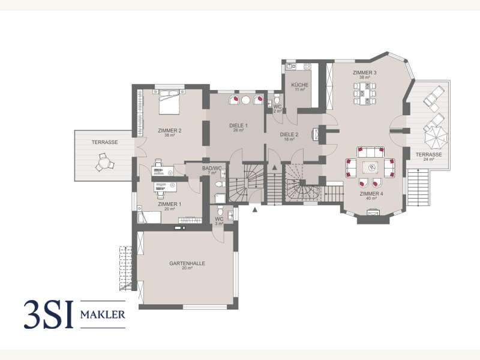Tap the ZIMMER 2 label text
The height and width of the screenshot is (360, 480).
[x=170, y=130]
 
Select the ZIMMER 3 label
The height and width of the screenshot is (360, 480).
[x=368, y=73]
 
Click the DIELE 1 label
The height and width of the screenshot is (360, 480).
[x=238, y=125]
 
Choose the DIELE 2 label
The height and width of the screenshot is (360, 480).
[x=289, y=134]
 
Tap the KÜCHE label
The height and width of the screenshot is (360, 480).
[x=299, y=85]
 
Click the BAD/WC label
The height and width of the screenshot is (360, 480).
[x=211, y=169]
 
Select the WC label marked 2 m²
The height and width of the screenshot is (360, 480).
[x=278, y=107]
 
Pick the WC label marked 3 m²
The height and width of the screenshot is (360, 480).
[x=219, y=219]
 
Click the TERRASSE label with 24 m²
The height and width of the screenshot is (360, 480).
[x=428, y=155]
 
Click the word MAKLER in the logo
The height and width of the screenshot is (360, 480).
[x=103, y=314]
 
